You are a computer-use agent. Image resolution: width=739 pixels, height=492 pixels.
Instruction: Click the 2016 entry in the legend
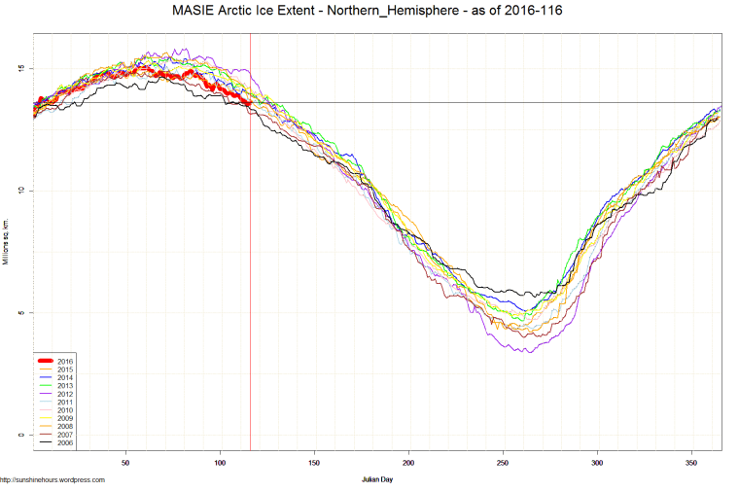[65, 361]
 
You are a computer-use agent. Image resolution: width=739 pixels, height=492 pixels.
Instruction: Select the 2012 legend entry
[65, 394]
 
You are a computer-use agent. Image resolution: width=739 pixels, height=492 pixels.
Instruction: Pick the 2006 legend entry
[65, 442]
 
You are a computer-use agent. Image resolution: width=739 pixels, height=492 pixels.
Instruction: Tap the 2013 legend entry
[65, 385]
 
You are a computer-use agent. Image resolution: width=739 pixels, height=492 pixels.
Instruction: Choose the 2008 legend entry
[65, 426]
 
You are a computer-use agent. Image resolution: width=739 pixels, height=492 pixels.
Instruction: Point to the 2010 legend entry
[65, 409]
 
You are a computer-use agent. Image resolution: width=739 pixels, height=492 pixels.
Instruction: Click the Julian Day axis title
[376, 479]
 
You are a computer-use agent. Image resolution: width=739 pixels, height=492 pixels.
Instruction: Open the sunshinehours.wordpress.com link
[53, 479]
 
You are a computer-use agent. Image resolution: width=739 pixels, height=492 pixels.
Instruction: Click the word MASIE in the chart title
[190, 11]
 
